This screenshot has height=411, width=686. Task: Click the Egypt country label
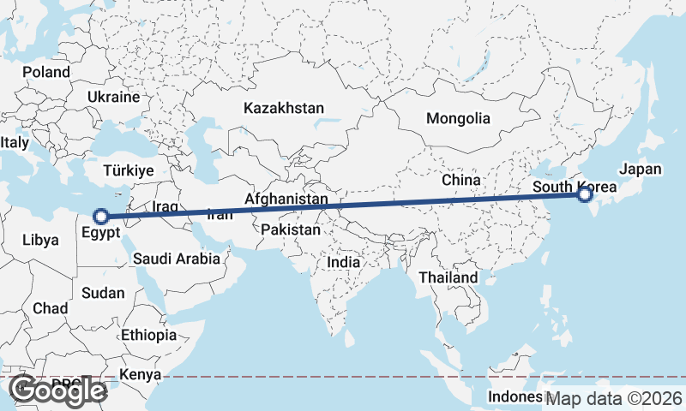click(x=101, y=231)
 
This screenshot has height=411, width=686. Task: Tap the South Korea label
click(x=573, y=187)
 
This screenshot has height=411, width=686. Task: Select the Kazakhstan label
click(x=284, y=109)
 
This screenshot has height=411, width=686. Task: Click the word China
click(x=460, y=180)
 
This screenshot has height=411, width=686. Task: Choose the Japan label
click(x=640, y=169)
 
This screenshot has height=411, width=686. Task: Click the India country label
click(x=344, y=262)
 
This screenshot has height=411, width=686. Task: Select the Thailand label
click(x=448, y=278)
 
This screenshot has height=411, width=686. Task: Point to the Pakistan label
click(x=291, y=230)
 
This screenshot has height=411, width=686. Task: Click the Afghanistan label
click(x=286, y=200)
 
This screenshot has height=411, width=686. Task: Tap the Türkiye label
click(x=128, y=170)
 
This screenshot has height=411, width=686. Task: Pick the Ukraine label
click(x=112, y=97)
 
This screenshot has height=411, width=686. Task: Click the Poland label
click(x=46, y=72)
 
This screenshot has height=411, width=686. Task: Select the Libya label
click(x=41, y=239)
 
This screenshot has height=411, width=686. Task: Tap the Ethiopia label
click(x=148, y=334)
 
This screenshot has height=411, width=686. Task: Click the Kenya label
click(x=141, y=374)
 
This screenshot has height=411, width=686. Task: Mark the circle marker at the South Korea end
click(x=585, y=194)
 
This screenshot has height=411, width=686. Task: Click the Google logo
click(x=57, y=390)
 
